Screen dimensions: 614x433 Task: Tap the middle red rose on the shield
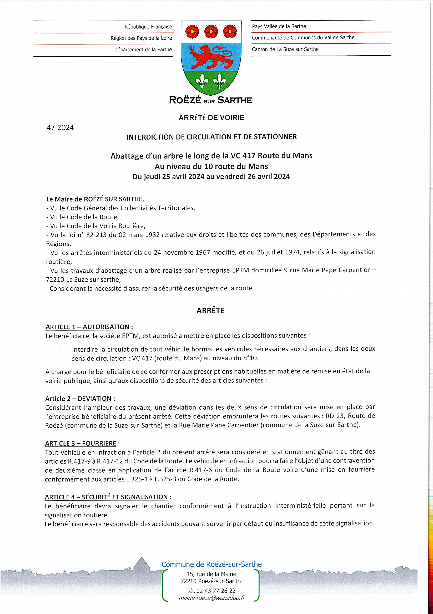point(211,31)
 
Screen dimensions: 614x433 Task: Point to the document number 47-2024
point(60,127)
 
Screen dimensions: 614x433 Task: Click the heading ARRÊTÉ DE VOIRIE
point(211,118)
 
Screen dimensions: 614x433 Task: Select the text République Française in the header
point(148,27)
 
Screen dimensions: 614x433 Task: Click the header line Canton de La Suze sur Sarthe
point(285,49)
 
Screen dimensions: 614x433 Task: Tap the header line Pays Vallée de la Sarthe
point(279,26)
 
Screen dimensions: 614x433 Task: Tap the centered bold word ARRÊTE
point(210,311)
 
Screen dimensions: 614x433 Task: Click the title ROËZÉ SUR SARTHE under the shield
point(210,100)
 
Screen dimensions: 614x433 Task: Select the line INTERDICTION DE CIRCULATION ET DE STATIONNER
point(211,137)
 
